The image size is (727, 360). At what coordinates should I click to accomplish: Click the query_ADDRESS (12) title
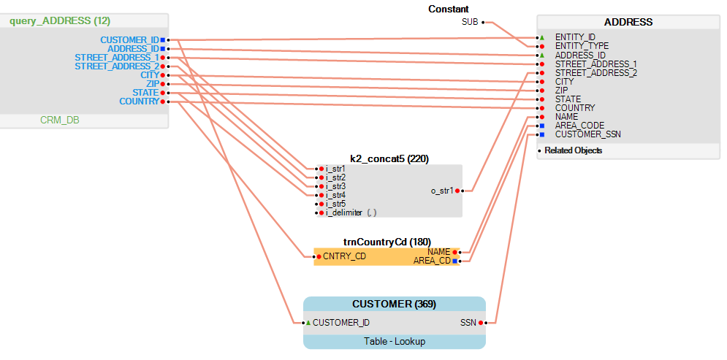[x=60, y=21]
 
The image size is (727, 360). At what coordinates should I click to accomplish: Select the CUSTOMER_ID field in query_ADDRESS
[x=129, y=39]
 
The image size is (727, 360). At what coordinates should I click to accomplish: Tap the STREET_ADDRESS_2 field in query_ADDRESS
[x=117, y=66]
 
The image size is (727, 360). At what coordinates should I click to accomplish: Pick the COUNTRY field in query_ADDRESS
[x=139, y=102]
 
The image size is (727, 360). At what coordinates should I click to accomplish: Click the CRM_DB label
[x=60, y=120]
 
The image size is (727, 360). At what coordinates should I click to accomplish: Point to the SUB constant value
[x=470, y=22]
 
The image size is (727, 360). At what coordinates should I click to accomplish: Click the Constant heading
[x=449, y=9]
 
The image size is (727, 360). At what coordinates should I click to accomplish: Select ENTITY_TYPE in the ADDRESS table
[x=582, y=46]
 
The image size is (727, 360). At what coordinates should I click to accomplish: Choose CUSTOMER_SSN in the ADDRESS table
[x=588, y=134]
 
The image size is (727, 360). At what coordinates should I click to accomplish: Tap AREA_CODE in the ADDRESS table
[x=579, y=126]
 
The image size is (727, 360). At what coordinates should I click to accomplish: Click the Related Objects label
[x=574, y=150]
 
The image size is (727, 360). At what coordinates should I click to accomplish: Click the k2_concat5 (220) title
[x=389, y=158]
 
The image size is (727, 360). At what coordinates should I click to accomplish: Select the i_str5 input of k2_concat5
[x=335, y=204]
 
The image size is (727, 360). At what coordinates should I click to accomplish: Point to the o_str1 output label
[x=442, y=191]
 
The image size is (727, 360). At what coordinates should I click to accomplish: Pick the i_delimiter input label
[x=343, y=212]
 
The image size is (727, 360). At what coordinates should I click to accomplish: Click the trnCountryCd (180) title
[x=387, y=242]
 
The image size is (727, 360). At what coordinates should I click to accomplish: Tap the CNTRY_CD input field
[x=344, y=256]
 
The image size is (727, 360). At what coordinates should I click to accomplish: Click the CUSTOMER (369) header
[x=394, y=304]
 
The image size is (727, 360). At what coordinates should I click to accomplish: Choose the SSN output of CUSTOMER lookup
[x=468, y=322]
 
